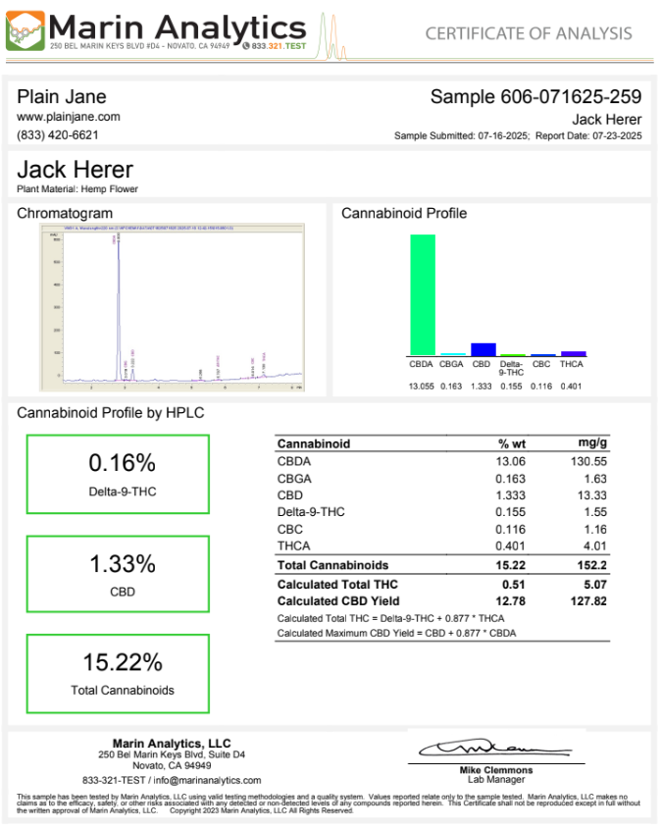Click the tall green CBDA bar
coord(423,294)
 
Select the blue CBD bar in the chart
coord(483,349)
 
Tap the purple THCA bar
coord(574,353)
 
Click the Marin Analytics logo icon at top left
coord(24,30)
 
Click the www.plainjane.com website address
coord(69,117)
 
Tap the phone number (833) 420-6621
coord(58,134)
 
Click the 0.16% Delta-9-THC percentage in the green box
coord(122,463)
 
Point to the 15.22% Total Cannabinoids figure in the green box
coord(122,662)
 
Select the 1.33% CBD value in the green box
coord(122,564)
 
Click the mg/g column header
coord(593,443)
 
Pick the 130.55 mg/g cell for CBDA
coord(589,461)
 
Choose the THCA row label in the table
coord(294,545)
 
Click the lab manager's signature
coord(495,749)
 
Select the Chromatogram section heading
coord(65,213)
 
